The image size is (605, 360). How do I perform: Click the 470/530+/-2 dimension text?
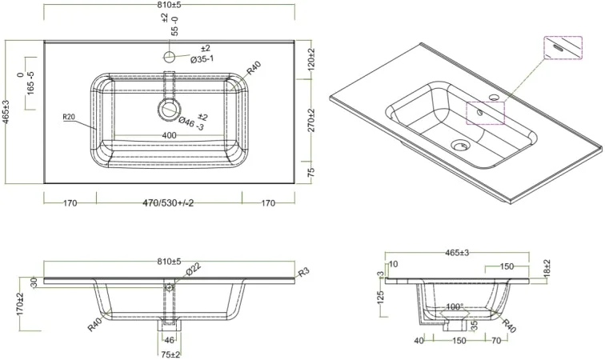coord(168,203)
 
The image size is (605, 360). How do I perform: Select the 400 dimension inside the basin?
coord(169,135)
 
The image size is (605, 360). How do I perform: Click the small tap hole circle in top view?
coord(169,57)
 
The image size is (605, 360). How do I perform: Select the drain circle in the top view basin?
coord(169,110)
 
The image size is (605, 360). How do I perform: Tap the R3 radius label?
coord(304,273)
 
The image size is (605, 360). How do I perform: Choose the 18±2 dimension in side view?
coord(547,270)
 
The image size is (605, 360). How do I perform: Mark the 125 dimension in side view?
coord(382,298)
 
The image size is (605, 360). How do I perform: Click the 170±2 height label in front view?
coord(21,305)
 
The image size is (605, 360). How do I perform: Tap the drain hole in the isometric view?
coord(459,146)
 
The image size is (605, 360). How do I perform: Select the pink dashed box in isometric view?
coord(486,113)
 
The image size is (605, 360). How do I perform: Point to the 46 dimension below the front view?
coord(169,340)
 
